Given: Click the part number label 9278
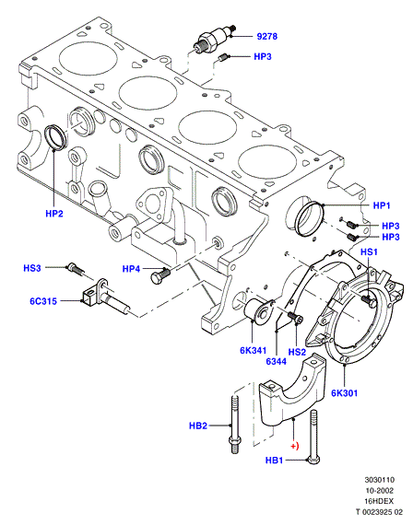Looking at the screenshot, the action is point(266,36).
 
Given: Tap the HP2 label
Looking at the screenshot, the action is point(54,214).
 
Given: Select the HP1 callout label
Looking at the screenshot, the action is point(382,205).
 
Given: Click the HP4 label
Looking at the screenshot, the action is point(131,269).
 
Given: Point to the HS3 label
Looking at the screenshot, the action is point(32,268).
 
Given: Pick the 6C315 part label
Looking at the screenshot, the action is point(43,301).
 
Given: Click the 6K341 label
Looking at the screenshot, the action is point(253,351).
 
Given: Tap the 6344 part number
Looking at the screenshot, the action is point(277,361).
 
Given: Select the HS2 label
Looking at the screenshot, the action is point(297,352).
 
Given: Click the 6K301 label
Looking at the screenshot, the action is point(344,392).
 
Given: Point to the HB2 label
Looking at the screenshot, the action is point(198,426).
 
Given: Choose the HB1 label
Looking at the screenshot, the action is point(274,461).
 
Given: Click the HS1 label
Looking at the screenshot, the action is point(369,251).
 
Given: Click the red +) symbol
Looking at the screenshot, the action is point(294,446).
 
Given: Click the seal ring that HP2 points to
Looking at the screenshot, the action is point(56,136).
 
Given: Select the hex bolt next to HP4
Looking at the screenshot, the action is point(160,275).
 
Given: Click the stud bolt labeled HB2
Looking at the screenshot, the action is point(235,424).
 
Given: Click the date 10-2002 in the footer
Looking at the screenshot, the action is point(379,491).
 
